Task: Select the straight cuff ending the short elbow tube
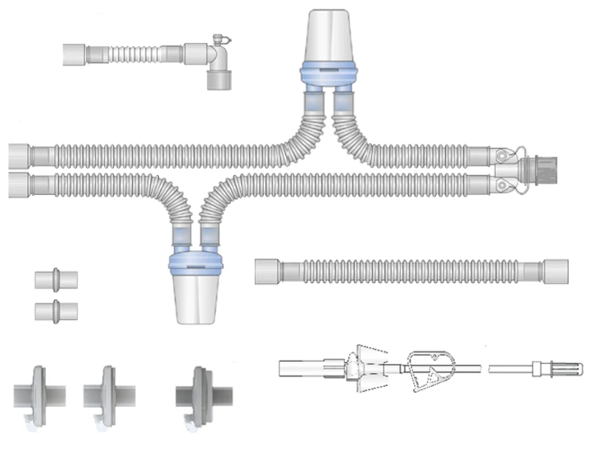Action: coord(76,55)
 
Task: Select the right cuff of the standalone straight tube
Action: coord(556,270)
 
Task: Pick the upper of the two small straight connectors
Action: coord(56,279)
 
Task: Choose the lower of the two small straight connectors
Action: coord(56,310)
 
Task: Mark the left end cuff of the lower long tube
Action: coord(20,185)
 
